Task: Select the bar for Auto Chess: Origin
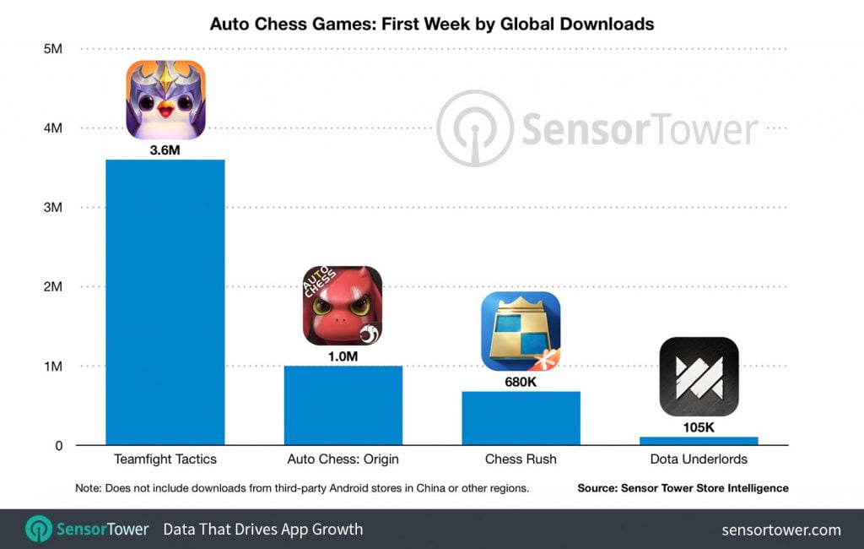point(343,405)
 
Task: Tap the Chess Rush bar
point(521,418)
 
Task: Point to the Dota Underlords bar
point(699,440)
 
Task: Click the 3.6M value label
point(165,150)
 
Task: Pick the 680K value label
point(521,382)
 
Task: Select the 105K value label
point(699,427)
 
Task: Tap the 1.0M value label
point(343,356)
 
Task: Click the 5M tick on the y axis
point(52,49)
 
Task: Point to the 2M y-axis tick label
point(52,287)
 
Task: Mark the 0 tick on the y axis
point(58,446)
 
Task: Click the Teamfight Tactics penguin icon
point(165,100)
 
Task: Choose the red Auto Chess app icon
point(343,306)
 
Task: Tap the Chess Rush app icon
point(521,331)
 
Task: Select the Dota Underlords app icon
point(699,377)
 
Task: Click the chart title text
point(432,24)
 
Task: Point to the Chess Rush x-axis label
point(521,459)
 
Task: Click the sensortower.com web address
point(781,530)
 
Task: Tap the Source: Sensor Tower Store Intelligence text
point(683,488)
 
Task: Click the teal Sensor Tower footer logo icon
point(39,530)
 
